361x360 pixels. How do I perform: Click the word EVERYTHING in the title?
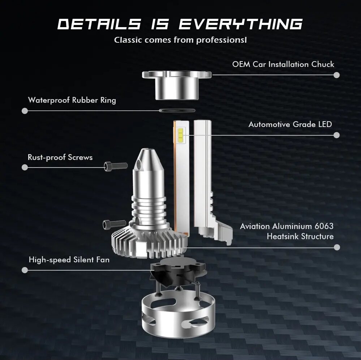coord(241,24)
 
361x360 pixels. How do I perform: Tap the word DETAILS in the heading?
coord(99,24)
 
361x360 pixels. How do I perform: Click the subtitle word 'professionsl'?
coord(222,40)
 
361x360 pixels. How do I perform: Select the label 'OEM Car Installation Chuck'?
coord(283,64)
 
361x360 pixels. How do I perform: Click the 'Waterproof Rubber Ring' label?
coord(72,100)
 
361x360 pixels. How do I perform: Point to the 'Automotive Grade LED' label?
coord(290,124)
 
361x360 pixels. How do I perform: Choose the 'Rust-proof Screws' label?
coord(60,157)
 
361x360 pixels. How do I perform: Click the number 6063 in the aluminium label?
coord(324,226)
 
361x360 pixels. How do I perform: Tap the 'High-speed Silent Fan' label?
coord(69,260)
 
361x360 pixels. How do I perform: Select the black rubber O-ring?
coord(177,110)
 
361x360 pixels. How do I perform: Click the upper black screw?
coord(116,166)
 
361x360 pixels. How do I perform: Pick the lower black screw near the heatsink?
coord(115,224)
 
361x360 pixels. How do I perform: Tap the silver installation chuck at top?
coord(177,85)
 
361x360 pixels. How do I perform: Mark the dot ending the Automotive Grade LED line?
coord(336,135)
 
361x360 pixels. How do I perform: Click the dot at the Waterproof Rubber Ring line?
coord(25,111)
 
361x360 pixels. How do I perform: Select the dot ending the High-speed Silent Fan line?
coord(25,270)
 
